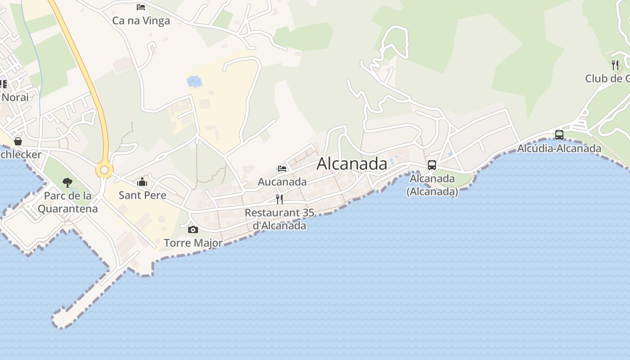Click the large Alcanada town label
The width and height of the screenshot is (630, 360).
coord(351,164)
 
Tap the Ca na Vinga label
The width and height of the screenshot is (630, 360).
coord(141,21)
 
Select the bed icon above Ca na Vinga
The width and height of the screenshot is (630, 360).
coord(141,7)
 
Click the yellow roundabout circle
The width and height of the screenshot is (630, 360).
coord(104,170)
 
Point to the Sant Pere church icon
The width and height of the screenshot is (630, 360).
coord(142,182)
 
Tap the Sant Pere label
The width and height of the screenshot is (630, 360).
coord(142,195)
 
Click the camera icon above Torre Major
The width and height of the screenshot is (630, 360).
coord(193,230)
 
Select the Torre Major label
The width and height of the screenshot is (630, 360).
coord(193,243)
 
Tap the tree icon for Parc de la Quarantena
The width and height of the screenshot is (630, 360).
coord(67,182)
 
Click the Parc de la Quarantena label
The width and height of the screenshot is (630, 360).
coord(67,202)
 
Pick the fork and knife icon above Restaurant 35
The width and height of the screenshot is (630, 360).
coord(279,199)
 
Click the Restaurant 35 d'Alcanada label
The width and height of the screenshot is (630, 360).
coord(279,219)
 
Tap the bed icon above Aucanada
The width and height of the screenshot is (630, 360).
coord(282,169)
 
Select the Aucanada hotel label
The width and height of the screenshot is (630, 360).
coord(282,182)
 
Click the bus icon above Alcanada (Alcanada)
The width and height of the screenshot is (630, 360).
coord(432,165)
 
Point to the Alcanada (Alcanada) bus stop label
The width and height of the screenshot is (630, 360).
coord(432,185)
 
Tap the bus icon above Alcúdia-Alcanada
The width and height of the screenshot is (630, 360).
coord(559,135)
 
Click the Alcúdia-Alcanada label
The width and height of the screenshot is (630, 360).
coord(559,148)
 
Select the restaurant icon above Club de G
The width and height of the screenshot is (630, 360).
coord(615,65)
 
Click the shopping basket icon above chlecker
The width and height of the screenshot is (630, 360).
coord(18,141)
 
